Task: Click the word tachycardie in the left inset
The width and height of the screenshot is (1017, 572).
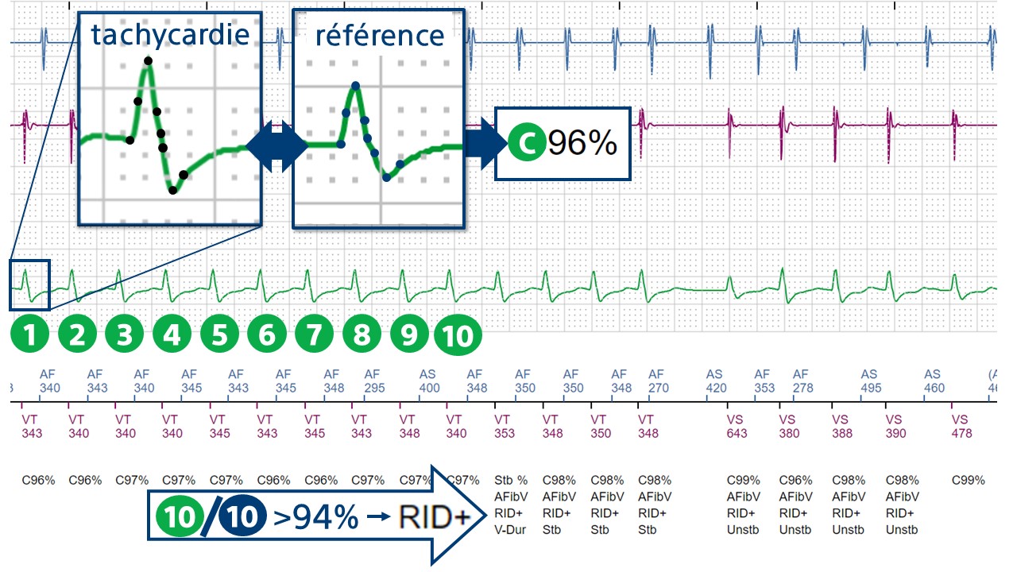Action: (x=169, y=35)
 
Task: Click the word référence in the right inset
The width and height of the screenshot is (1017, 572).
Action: (x=379, y=35)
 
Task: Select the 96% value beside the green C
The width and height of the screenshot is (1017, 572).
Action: (x=582, y=143)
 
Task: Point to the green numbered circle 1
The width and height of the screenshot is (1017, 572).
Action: (x=30, y=335)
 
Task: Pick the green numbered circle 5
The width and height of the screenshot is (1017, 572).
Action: (x=219, y=335)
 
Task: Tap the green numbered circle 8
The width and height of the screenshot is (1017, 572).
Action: (x=362, y=335)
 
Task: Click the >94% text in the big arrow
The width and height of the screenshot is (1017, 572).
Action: (x=315, y=518)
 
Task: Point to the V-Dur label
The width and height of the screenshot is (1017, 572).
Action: (x=511, y=530)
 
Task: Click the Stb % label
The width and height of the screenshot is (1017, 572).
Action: (x=511, y=481)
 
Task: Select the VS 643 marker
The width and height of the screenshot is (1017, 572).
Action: (x=738, y=426)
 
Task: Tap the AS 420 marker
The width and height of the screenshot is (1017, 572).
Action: (x=715, y=381)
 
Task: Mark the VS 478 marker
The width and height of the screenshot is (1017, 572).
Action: (x=961, y=426)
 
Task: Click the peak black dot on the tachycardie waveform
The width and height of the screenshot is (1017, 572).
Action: (x=148, y=61)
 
